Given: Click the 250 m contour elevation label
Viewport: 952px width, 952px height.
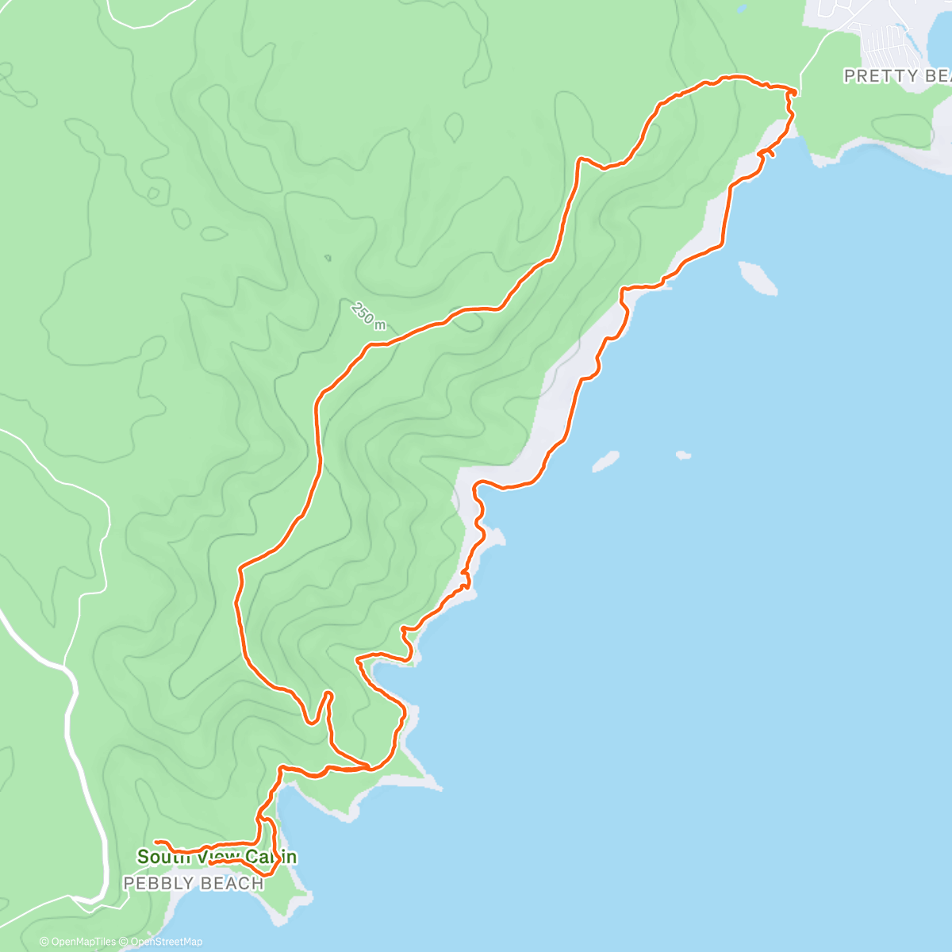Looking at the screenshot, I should click(367, 315).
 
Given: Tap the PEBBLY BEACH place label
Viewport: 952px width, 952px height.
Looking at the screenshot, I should click(194, 884).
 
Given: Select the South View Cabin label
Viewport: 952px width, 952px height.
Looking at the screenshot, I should click(217, 857).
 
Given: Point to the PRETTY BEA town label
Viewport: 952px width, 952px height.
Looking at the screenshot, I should click(896, 76).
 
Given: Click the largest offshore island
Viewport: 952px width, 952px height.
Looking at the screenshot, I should click(758, 278).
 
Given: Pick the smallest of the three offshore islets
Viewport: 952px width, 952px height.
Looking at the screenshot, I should click(683, 455).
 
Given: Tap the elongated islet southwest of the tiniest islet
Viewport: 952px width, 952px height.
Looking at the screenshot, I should click(606, 461).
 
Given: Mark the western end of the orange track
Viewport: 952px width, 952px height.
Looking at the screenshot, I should click(157, 841).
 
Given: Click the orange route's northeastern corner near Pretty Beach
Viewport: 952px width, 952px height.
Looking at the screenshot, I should click(792, 93).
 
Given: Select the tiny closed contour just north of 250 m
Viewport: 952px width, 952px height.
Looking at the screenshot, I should click(328, 258).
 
